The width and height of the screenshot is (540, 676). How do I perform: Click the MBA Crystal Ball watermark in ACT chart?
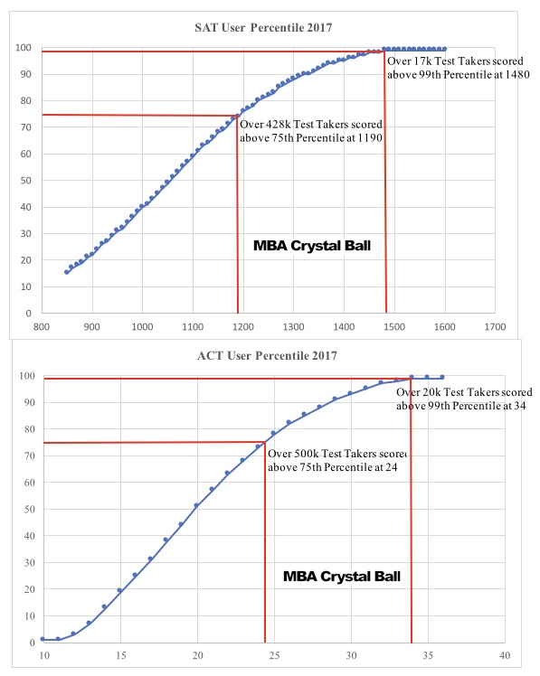tap(341, 576)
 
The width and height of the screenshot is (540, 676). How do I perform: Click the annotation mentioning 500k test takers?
tap(336, 460)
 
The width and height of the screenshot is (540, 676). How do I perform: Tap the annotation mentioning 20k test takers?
tap(464, 399)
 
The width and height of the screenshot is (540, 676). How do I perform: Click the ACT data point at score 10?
tap(43, 639)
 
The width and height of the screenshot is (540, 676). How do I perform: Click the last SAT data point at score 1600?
tap(443, 48)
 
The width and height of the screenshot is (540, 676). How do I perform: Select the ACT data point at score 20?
tap(196, 505)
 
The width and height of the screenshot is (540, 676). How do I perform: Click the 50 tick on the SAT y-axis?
tap(26, 181)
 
